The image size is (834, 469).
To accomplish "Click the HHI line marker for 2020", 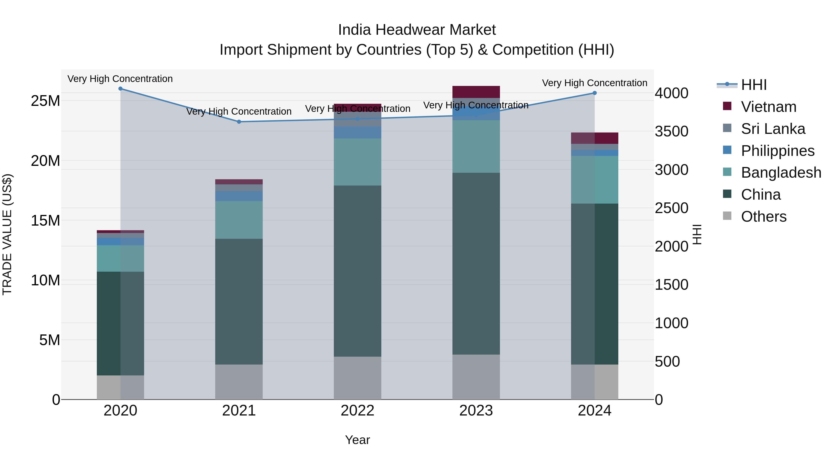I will (120, 88).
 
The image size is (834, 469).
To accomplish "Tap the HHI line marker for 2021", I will (239, 122).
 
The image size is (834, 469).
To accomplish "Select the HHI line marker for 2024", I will (594, 93).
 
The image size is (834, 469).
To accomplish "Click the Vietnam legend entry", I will (768, 107).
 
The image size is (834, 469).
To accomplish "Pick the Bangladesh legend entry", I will (780, 173).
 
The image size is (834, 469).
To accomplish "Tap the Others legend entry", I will (763, 217).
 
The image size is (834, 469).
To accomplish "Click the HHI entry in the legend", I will (753, 85).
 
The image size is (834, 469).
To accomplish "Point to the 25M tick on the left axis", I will (45, 101).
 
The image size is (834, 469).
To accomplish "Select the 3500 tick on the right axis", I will (671, 131).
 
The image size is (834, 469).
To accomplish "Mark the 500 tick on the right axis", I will (667, 362).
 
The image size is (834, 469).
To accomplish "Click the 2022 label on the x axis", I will (357, 411).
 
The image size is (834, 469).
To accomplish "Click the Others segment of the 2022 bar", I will (357, 378).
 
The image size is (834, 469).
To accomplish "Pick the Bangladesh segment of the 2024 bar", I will (594, 180).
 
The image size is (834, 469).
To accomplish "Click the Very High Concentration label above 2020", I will (120, 79).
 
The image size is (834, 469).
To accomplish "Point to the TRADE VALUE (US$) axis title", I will (7, 234).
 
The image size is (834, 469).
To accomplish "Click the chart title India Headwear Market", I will (417, 30).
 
